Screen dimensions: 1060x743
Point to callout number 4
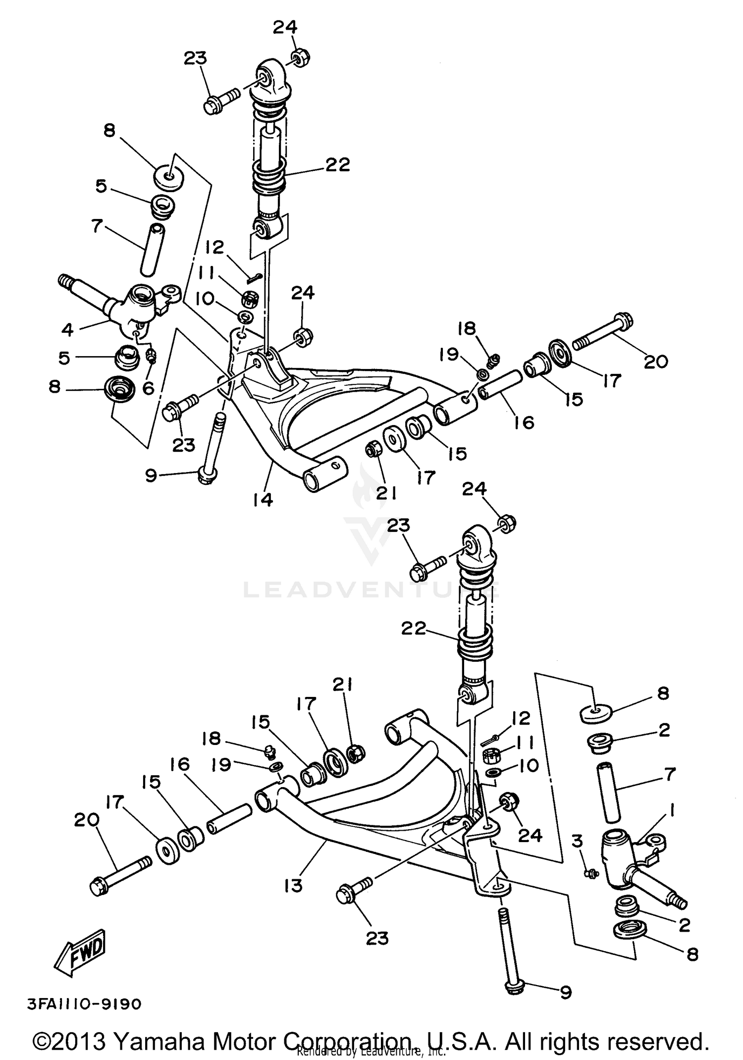pos(67,329)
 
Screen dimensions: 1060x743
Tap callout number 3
pos(578,841)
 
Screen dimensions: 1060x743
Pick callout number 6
pos(148,388)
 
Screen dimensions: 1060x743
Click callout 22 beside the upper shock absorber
pos(337,164)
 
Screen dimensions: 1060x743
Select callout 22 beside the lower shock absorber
pos(414,629)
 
